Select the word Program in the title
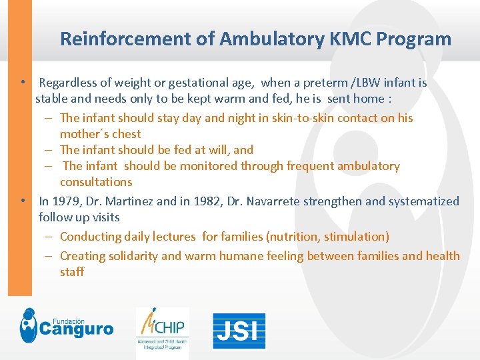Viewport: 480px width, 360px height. pos(414,39)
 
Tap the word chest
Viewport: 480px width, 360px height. pos(127,134)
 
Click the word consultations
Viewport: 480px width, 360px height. pos(96,182)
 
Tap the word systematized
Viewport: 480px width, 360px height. pos(424,201)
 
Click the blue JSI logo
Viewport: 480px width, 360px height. pos(239,331)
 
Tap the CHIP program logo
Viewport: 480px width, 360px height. pos(162,329)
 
